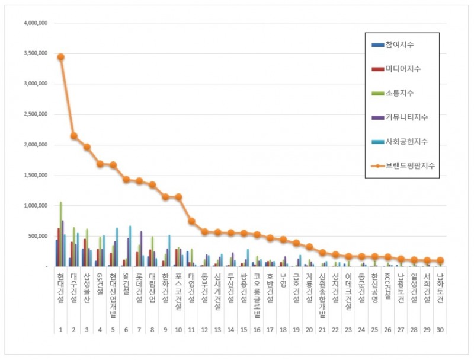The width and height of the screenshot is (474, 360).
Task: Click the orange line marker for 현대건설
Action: (x=60, y=57)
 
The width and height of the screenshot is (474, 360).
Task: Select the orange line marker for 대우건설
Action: (x=73, y=136)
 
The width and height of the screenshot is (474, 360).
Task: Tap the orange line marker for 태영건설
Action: (x=191, y=221)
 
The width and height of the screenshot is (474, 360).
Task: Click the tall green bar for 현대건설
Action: (x=60, y=234)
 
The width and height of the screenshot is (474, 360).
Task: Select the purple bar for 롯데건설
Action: (x=141, y=249)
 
